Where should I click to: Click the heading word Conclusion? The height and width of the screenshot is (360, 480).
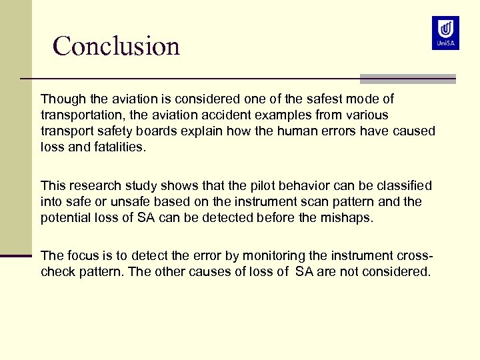click(x=117, y=46)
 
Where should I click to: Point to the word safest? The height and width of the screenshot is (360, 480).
click(x=293, y=99)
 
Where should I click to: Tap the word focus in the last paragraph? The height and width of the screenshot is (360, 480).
click(x=83, y=256)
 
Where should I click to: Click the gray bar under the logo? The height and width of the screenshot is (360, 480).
click(x=407, y=79)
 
